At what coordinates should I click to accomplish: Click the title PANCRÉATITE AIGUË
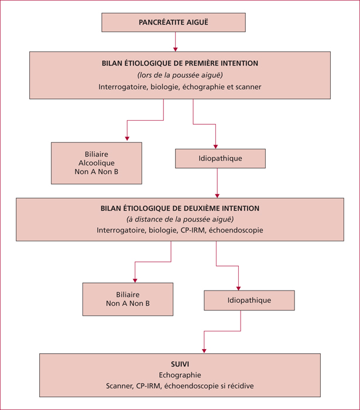click(x=173, y=22)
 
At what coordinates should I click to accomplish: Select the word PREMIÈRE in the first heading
click(x=202, y=63)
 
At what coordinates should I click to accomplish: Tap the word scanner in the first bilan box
click(x=248, y=87)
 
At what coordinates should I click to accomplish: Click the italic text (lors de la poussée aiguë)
click(x=180, y=75)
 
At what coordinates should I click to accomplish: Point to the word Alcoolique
click(x=97, y=163)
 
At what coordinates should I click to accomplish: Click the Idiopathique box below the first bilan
click(x=220, y=159)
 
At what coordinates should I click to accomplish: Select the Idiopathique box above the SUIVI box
click(x=249, y=300)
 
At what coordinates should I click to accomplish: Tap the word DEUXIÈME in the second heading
click(x=201, y=209)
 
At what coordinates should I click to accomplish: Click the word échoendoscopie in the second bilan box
click(x=236, y=230)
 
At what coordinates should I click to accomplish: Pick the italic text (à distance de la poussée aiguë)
click(x=180, y=219)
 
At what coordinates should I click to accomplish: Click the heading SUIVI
click(x=180, y=364)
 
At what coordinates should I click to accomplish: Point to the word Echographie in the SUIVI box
click(x=180, y=375)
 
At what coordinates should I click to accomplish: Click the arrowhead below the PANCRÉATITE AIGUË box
click(x=175, y=49)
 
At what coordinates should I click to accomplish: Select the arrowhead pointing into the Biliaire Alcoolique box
click(x=127, y=138)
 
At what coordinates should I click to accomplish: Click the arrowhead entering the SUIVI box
click(x=204, y=351)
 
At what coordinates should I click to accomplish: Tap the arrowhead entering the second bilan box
click(x=217, y=196)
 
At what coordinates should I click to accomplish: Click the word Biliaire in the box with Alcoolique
click(x=97, y=154)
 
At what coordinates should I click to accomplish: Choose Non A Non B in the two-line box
click(x=128, y=303)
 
